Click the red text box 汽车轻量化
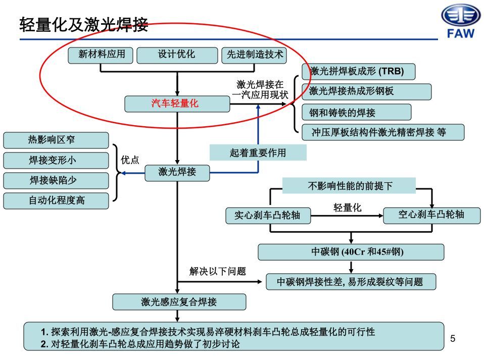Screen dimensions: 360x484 176,104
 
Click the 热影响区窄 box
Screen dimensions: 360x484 56,140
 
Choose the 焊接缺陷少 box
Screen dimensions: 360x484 56,180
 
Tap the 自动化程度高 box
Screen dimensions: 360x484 56,200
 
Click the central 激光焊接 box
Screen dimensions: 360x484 177,172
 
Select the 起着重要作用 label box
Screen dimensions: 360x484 258,152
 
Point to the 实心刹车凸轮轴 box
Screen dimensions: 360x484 267,216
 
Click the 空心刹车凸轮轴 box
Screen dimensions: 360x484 431,215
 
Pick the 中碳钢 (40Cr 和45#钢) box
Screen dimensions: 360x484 351,251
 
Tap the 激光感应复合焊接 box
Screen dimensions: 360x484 179,302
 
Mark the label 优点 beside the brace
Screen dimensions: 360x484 130,160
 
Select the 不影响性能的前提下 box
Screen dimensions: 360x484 349,186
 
